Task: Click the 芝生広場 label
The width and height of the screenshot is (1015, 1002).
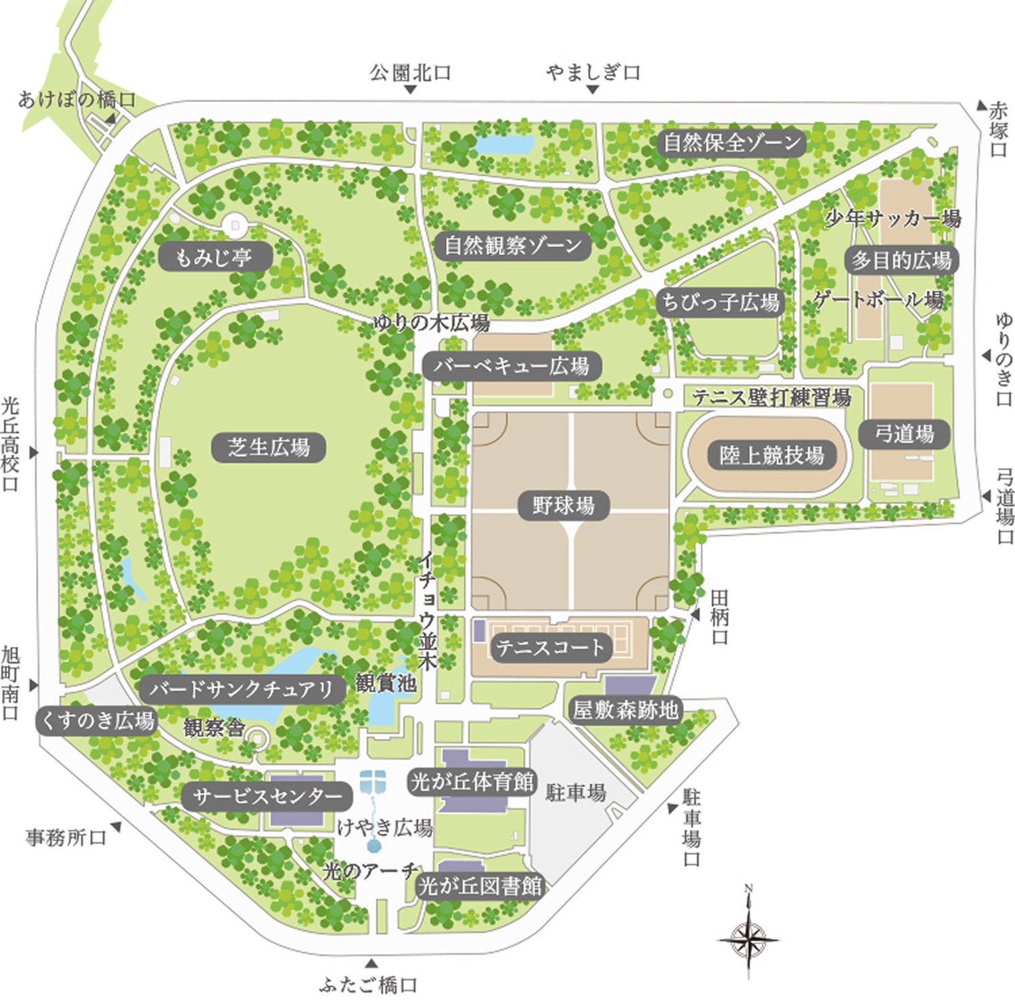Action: (x=269, y=448)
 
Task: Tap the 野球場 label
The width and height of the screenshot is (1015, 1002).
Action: (x=563, y=505)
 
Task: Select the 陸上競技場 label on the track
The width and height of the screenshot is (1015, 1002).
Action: (x=771, y=455)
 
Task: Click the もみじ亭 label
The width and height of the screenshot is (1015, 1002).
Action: (x=215, y=257)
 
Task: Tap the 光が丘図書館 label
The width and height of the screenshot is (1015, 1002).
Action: (x=480, y=886)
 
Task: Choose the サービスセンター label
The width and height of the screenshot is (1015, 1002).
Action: (x=267, y=796)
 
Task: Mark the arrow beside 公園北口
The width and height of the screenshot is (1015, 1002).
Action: (x=410, y=89)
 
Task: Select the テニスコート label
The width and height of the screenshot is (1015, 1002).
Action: (x=549, y=648)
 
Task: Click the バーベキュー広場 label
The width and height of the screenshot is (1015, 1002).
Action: (x=511, y=366)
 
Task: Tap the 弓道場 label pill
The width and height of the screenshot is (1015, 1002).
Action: (x=904, y=433)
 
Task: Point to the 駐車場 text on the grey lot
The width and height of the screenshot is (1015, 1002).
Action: (x=575, y=792)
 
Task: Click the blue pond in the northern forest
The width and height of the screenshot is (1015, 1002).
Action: (x=504, y=144)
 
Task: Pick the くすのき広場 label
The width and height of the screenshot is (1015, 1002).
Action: (x=96, y=720)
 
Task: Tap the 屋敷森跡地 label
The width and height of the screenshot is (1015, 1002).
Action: (x=625, y=710)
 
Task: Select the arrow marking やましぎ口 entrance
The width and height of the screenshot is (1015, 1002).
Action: (x=593, y=89)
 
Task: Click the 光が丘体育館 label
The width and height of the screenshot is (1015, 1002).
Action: (x=472, y=782)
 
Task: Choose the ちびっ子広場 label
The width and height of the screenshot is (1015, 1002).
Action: (x=720, y=302)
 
